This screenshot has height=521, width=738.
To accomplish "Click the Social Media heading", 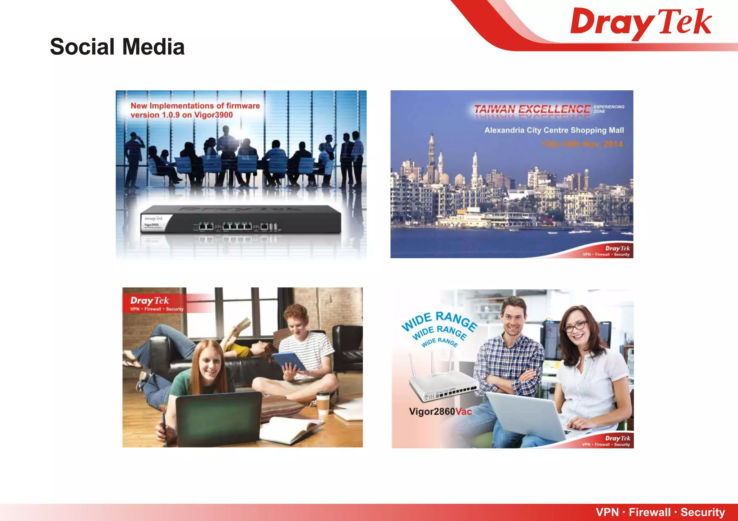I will (x=117, y=47).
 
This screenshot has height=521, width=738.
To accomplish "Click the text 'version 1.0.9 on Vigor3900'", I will (x=182, y=115).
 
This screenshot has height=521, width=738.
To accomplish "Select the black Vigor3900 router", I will (x=241, y=219).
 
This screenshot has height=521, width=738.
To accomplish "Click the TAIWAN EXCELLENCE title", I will (x=532, y=109).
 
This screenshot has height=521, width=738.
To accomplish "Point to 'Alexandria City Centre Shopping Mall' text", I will (x=554, y=130).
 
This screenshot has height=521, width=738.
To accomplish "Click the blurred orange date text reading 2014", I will (x=613, y=144).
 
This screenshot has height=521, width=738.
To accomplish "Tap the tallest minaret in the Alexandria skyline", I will (x=431, y=155).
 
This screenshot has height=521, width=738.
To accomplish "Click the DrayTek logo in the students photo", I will (x=150, y=301).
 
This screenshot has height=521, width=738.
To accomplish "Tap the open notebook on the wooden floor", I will (x=288, y=430).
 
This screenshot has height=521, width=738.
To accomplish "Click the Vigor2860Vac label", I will (x=440, y=412).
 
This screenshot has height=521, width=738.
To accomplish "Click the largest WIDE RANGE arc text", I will (x=440, y=320).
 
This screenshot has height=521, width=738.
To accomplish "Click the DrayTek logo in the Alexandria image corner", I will (x=617, y=249).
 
